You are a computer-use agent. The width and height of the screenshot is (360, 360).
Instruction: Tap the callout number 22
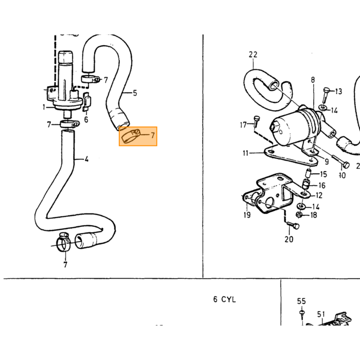[x=253, y=55]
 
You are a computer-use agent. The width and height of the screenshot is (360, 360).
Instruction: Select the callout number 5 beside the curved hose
[x=135, y=93]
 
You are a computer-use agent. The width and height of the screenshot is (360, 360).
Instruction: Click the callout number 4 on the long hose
[x=86, y=159]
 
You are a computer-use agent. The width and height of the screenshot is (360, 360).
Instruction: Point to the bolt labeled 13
[x=326, y=95]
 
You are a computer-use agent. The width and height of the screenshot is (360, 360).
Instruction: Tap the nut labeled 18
[x=299, y=215]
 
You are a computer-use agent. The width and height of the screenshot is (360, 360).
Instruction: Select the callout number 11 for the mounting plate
[x=246, y=153]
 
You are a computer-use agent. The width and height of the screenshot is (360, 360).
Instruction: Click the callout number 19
[x=247, y=215]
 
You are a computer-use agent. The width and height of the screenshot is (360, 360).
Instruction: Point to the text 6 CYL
[x=224, y=299]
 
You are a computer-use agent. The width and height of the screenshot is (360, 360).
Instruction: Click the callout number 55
[x=301, y=301]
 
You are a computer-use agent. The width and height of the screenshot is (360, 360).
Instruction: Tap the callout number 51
[x=321, y=314]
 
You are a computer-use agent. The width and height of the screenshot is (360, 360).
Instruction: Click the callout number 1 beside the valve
[x=44, y=107]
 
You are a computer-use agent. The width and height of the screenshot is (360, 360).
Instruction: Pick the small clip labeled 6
[x=86, y=101]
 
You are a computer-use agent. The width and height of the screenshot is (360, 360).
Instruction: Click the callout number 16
[x=322, y=185]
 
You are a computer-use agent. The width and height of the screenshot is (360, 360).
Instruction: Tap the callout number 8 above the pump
[x=313, y=80]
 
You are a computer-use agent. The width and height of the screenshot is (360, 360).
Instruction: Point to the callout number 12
[x=319, y=195]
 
